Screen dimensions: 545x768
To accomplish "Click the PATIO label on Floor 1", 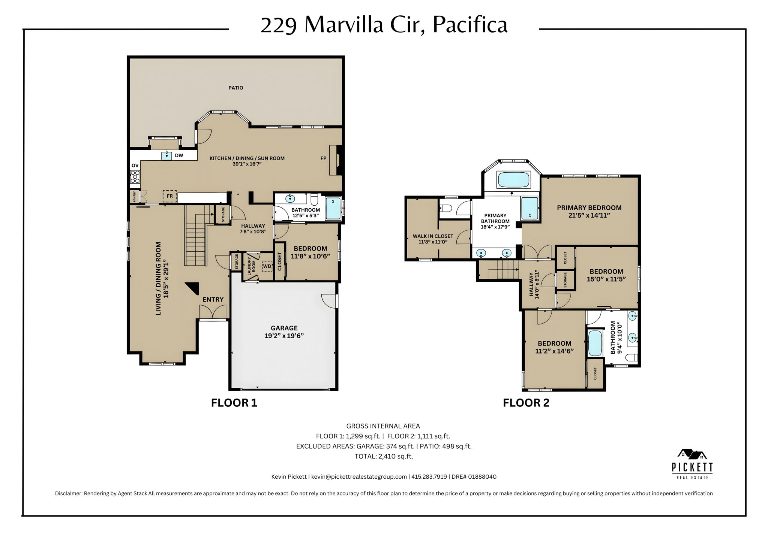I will [235, 88].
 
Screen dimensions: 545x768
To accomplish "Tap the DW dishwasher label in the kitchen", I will [179, 155].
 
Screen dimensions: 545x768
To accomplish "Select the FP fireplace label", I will [323, 158].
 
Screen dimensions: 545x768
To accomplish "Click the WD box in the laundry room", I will [267, 266].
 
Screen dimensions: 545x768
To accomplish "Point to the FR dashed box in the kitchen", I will [169, 196].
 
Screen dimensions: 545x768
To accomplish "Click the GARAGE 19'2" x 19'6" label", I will [284, 332].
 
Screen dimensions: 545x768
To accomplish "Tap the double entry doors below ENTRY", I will [213, 312].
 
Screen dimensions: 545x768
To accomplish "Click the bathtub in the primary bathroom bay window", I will [513, 180].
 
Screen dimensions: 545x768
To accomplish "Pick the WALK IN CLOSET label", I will [433, 239].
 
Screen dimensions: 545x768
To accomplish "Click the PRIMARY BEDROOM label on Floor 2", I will [589, 211].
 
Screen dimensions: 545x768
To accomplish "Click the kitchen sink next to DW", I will [166, 155].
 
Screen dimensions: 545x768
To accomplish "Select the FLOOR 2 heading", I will [526, 403].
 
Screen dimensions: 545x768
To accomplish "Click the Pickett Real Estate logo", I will [692, 464].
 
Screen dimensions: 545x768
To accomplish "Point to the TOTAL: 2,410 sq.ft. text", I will [384, 456].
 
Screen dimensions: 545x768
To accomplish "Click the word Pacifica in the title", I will [469, 25].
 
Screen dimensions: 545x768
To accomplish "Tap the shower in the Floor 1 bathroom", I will [333, 209].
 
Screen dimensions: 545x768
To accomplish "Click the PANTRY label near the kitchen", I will [134, 197].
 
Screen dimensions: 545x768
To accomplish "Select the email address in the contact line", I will [359, 477].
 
